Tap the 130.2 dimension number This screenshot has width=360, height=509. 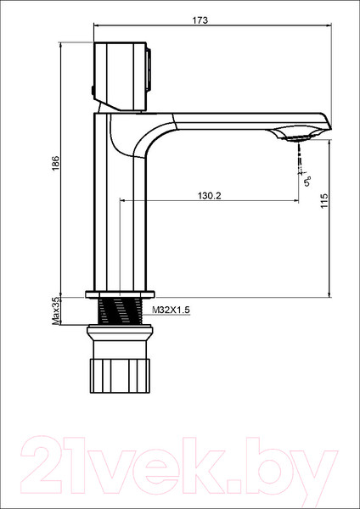209,195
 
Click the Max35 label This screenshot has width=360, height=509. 55,310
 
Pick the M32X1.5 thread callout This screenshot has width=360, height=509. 172,311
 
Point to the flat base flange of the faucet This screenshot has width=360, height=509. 119,294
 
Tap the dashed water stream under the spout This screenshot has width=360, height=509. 298,157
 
